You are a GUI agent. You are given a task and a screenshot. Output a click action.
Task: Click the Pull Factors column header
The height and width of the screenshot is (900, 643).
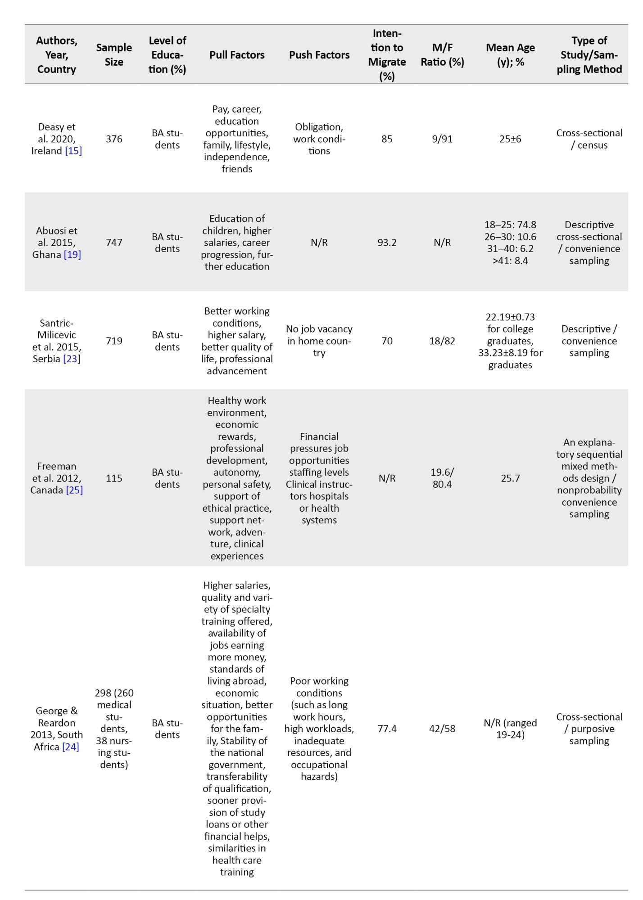click(237, 55)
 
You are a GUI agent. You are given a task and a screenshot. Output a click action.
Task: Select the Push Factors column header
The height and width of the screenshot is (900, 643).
click(319, 55)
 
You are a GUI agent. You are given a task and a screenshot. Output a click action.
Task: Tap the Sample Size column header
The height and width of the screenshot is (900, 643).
click(114, 55)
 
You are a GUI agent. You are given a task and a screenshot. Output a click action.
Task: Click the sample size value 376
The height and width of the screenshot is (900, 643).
click(114, 139)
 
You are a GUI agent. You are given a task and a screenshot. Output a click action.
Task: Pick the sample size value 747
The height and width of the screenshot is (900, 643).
click(114, 243)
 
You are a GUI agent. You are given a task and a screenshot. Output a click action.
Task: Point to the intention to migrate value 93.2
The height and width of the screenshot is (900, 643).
click(387, 243)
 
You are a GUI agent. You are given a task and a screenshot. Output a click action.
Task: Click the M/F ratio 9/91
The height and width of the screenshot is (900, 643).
click(442, 139)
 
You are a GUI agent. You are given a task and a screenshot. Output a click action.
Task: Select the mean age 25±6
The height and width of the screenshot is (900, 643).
click(510, 139)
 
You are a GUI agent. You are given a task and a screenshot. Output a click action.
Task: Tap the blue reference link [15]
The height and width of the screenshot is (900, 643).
click(73, 151)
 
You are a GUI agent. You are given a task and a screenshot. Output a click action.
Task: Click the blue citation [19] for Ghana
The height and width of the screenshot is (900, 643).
click(72, 255)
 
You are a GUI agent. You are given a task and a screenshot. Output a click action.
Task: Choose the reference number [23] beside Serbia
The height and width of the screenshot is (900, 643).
click(71, 359)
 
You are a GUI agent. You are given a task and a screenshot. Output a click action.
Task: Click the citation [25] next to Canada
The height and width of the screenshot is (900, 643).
click(74, 490)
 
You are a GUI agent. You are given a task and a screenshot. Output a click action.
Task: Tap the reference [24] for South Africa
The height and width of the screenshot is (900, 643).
click(70, 747)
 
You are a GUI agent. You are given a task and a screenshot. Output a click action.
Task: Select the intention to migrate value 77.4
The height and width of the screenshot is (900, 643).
click(387, 729)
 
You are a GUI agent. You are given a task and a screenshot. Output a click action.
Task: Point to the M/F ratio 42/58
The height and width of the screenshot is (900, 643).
click(442, 729)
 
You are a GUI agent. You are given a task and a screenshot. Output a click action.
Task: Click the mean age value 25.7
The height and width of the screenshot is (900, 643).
click(510, 478)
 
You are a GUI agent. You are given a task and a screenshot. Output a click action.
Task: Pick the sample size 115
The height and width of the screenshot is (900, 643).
click(114, 478)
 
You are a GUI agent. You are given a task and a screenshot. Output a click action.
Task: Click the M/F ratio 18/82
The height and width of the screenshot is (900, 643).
click(442, 341)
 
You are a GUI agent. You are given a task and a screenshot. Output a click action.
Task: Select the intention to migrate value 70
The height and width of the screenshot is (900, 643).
click(387, 341)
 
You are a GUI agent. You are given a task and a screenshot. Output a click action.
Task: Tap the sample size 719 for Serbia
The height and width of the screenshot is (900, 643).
click(114, 341)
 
